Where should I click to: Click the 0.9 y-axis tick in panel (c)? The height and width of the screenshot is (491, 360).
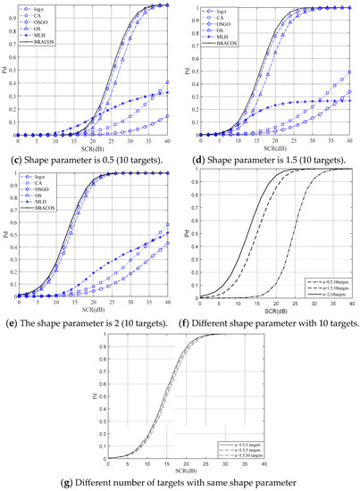(x=11, y=16)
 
